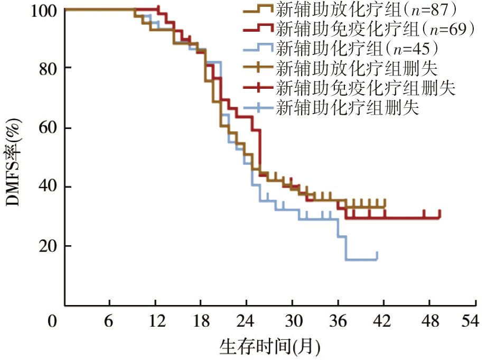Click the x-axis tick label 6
click(108, 321)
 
